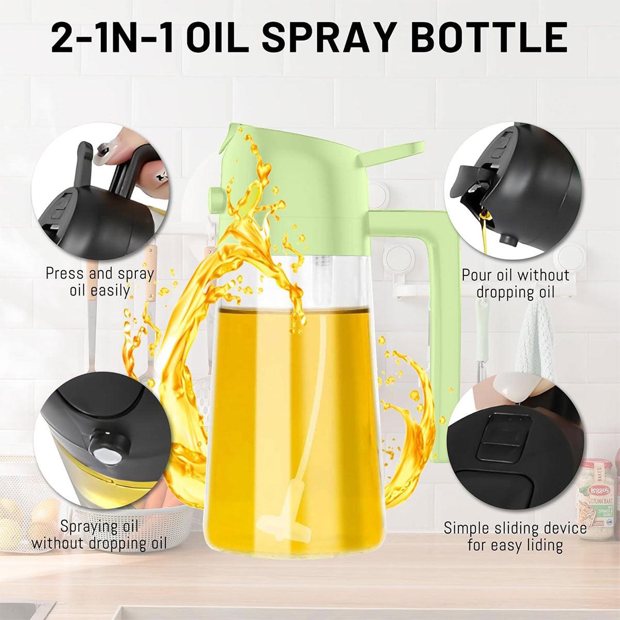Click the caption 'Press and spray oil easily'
(x=100, y=282)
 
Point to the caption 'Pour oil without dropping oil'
(x=516, y=284)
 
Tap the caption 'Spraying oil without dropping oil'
(x=99, y=534)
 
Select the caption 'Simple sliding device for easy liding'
(x=515, y=536)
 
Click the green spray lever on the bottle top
(x=391, y=155)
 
